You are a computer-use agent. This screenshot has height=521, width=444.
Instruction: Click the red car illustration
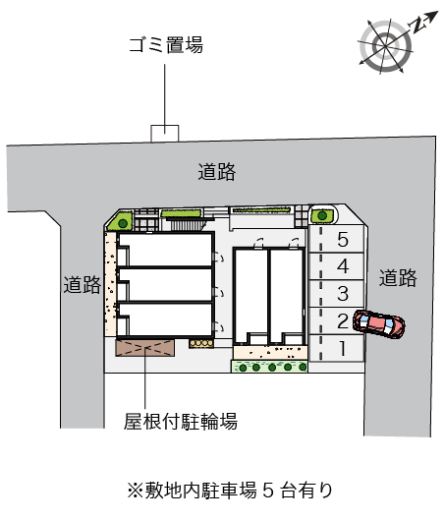pyautogui.click(x=379, y=324)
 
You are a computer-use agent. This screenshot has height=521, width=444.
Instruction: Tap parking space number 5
pyautogui.click(x=336, y=239)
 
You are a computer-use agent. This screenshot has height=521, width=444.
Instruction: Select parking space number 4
pyautogui.click(x=336, y=266)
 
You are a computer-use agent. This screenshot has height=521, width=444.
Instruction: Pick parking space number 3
pyautogui.click(x=336, y=294)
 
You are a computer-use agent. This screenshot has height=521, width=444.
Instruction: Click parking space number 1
pyautogui.click(x=336, y=348)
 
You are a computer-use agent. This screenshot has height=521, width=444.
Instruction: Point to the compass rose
pyautogui.click(x=386, y=46)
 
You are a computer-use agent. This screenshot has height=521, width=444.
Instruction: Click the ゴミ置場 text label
pyautogui.click(x=166, y=45)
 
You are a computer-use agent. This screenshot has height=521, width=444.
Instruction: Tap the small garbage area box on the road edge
pyautogui.click(x=165, y=134)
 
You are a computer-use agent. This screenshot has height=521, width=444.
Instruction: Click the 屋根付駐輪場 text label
pyautogui.click(x=181, y=422)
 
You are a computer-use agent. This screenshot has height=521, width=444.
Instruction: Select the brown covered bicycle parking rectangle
pyautogui.click(x=144, y=348)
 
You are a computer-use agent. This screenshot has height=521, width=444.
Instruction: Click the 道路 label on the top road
pyautogui.click(x=217, y=172)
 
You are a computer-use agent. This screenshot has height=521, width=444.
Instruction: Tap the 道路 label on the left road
pyautogui.click(x=83, y=285)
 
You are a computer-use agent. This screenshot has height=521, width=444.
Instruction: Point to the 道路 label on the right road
pyautogui.click(x=398, y=278)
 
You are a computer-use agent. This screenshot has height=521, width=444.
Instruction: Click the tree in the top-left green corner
pyautogui.click(x=123, y=223)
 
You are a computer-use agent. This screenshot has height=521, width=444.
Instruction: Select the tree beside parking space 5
pyautogui.click(x=322, y=215)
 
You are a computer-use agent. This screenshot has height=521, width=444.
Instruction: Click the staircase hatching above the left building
pyautogui.click(x=187, y=225)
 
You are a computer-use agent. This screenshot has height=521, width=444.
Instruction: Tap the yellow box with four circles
pyautogui.click(x=201, y=343)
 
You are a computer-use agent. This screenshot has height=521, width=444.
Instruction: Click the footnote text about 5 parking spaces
pyautogui.click(x=230, y=491)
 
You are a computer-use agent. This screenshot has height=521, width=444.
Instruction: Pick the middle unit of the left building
pyautogui.click(x=165, y=285)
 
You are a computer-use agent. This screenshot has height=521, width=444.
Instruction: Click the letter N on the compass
pyautogui.click(x=417, y=26)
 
